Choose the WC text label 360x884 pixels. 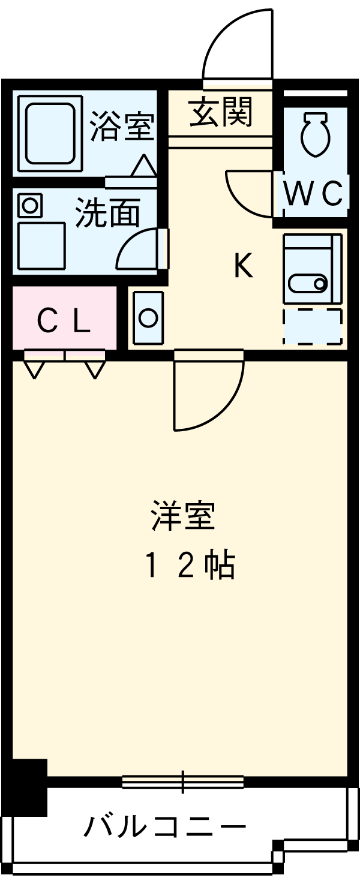313,193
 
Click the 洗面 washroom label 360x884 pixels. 108,214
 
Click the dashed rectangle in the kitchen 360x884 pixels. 313,327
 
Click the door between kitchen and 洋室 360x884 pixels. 207,393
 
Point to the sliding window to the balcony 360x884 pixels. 183,781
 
